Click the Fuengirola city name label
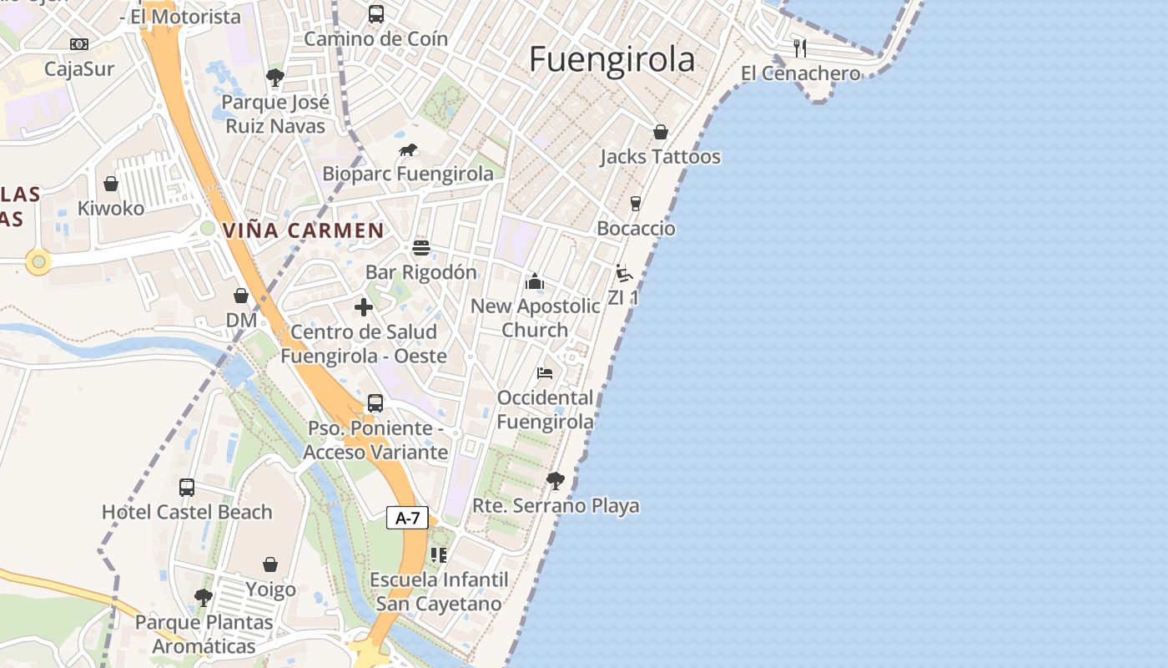[x=612, y=59]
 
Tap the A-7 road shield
[x=407, y=518]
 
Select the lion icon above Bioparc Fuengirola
[x=408, y=150]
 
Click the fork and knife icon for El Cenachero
[x=800, y=48]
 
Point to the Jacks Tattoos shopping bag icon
[x=660, y=132]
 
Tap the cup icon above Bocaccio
[x=635, y=204]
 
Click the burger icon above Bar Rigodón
[x=420, y=248]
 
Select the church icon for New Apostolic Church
[x=535, y=281]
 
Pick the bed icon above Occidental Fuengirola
[x=545, y=372]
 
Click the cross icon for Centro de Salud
[x=364, y=307]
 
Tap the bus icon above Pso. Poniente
[x=375, y=403]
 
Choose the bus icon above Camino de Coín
[x=375, y=14]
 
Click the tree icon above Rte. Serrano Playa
[x=555, y=480]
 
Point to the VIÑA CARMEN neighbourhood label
[x=303, y=230]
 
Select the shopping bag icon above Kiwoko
[x=110, y=184]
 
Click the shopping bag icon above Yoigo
[x=270, y=565]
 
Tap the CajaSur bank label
[x=79, y=68]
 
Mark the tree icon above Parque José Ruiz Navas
[x=274, y=78]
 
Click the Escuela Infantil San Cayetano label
[x=439, y=591]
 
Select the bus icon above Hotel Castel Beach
[x=187, y=488]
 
